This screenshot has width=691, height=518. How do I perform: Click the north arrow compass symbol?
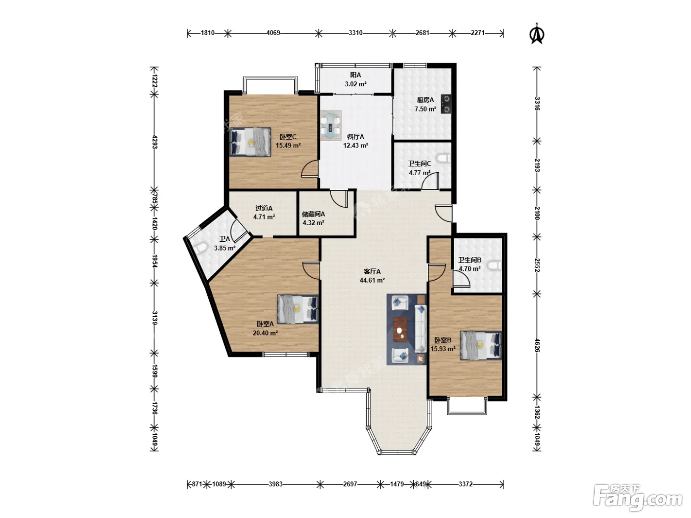pos(537,34)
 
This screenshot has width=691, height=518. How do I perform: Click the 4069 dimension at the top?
pos(273,33)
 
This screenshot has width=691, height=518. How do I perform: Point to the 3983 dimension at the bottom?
pos(275,484)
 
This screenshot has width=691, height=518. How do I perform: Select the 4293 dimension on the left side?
pos(154,142)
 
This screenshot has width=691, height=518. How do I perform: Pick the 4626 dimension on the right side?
pos(537,345)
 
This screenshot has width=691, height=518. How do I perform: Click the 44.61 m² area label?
pos(372,280)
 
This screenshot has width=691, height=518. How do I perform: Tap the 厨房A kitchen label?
pos(425,100)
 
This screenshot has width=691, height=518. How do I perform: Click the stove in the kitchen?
pos(446,104)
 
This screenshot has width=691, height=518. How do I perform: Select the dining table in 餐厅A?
pos(331,126)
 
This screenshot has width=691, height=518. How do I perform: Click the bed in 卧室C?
pos(251,142)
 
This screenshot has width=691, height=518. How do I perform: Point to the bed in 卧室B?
pos(481,345)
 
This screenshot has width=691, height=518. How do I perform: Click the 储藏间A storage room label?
pos(313,214)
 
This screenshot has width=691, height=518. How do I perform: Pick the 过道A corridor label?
pos(264,208)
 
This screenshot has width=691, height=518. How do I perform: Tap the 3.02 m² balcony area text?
pos(355,84)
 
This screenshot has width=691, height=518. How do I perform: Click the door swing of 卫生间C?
pos(430,181)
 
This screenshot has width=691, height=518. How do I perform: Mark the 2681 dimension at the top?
pos(422,33)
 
